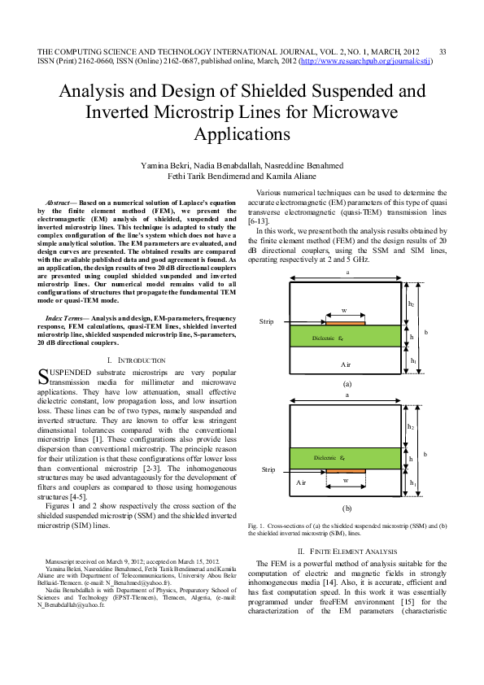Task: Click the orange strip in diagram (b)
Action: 344,470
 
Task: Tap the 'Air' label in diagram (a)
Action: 345,364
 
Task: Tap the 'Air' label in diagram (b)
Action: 300,482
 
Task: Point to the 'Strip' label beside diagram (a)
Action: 266,322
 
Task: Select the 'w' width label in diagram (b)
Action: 345,481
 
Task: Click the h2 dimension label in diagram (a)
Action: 411,303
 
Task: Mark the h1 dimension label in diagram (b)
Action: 413,483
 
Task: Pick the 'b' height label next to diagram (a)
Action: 425,333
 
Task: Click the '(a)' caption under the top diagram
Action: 347,382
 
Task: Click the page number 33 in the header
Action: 443,51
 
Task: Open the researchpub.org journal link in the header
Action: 365,61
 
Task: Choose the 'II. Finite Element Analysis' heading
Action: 347,552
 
